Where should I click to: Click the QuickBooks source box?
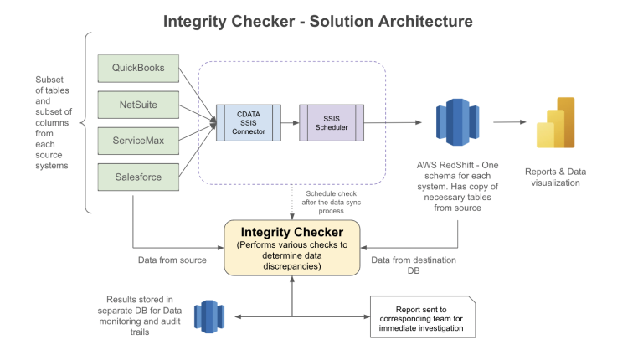click(138, 68)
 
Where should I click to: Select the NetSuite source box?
click(138, 105)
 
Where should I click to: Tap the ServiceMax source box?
click(138, 141)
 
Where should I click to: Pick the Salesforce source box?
click(138, 177)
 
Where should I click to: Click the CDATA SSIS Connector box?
click(248, 121)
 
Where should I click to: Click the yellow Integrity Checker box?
click(292, 248)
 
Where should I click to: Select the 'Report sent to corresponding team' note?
click(423, 317)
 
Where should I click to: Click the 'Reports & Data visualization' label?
click(556, 177)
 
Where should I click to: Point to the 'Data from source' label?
click(172, 260)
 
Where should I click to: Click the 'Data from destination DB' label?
click(414, 266)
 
